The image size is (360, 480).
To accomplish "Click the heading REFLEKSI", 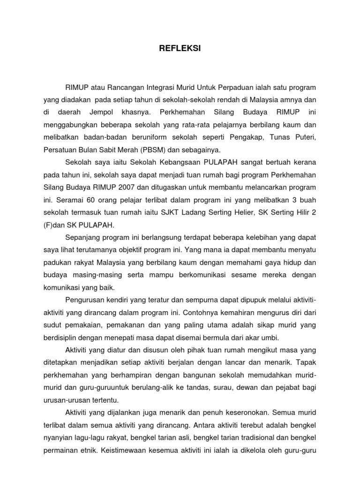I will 180,48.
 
